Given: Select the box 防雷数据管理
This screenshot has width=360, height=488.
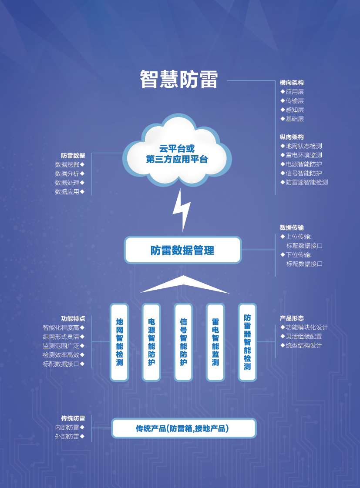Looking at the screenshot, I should (x=182, y=250).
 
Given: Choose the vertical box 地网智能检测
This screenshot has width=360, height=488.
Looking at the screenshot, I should (x=119, y=342).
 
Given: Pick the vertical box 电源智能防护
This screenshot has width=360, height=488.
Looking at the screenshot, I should (x=151, y=342).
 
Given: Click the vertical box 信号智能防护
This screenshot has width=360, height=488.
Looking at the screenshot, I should (x=183, y=342).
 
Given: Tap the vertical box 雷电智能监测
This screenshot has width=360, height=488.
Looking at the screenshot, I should (x=215, y=342).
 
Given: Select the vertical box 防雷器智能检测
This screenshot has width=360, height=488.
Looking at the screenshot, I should (x=247, y=342).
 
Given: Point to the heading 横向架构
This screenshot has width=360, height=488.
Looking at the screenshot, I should (x=292, y=83).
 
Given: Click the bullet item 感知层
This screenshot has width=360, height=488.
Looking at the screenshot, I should (x=293, y=110).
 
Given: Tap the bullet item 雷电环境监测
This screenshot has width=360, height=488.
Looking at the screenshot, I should (x=301, y=155).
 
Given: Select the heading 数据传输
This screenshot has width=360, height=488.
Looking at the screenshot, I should (x=292, y=227).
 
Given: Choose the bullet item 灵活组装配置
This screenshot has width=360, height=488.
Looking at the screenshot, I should (x=301, y=337).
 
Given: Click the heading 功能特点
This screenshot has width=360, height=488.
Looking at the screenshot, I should (x=73, y=319).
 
